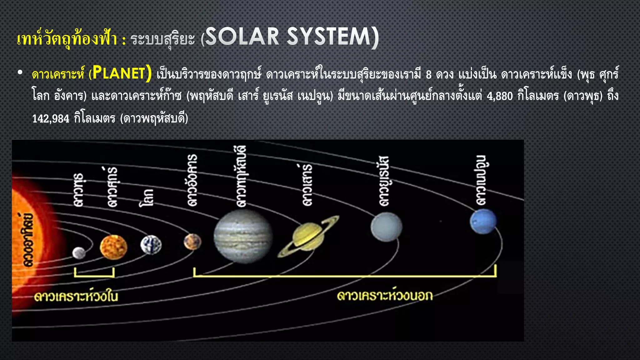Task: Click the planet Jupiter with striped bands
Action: pyautogui.click(x=243, y=236)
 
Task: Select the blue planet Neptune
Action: pyautogui.click(x=483, y=221)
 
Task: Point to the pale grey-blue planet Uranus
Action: pyautogui.click(x=386, y=227)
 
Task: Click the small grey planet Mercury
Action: pyautogui.click(x=79, y=252)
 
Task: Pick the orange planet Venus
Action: pyautogui.click(x=113, y=247)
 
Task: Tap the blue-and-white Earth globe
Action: pyautogui.click(x=151, y=245)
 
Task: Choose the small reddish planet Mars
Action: pyautogui.click(x=192, y=242)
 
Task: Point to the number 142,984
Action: pyautogui.click(x=51, y=119)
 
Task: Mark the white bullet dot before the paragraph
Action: pyautogui.click(x=20, y=73)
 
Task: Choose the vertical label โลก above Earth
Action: pyautogui.click(x=146, y=198)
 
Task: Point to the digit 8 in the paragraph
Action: pyautogui.click(x=429, y=74)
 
